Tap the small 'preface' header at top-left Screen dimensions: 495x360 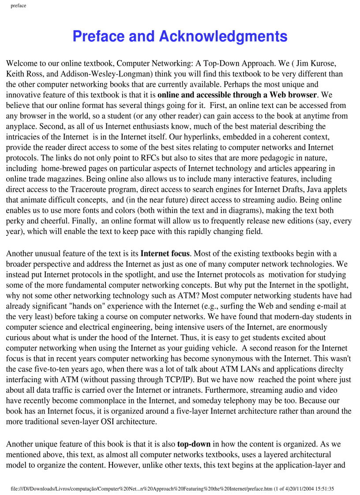(x=18, y=6)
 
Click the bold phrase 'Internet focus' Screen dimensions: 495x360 (x=165, y=253)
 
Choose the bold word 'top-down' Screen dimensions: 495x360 (x=194, y=444)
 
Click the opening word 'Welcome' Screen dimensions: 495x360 (x=22, y=63)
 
